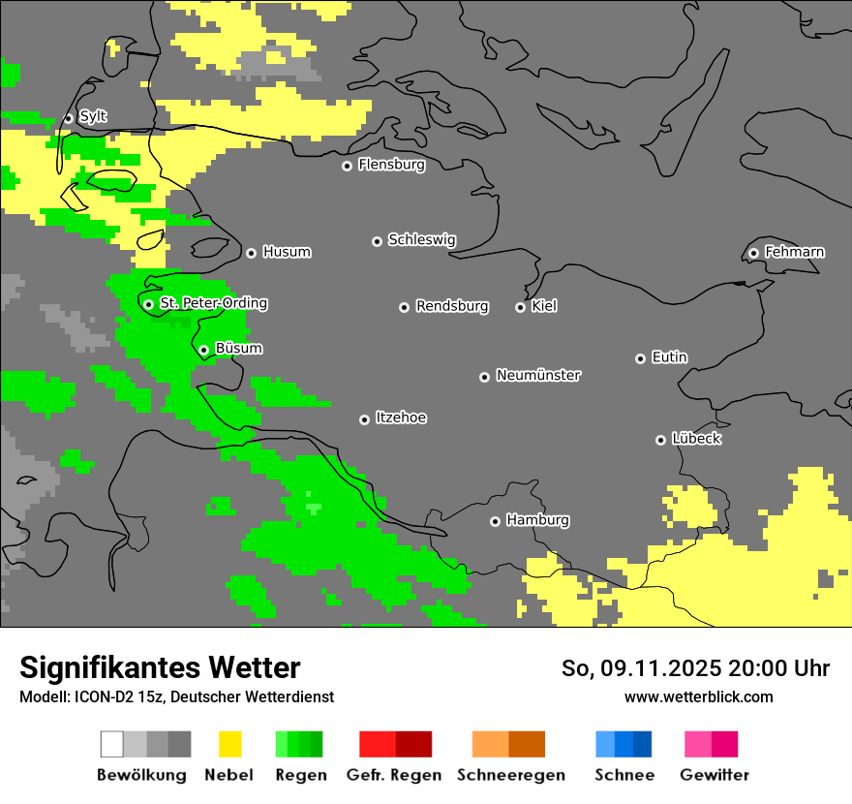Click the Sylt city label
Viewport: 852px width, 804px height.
click(93, 116)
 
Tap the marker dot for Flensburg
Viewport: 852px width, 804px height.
click(347, 166)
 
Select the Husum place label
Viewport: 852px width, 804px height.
click(287, 252)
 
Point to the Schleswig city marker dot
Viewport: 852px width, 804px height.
click(377, 241)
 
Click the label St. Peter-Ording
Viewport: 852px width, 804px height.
click(213, 303)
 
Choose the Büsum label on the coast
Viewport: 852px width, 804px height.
click(238, 348)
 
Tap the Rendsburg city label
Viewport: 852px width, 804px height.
click(451, 306)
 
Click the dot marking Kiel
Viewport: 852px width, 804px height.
click(520, 307)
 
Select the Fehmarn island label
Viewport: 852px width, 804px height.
click(794, 252)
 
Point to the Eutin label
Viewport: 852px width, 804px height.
click(669, 357)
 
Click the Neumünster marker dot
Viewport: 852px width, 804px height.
click(484, 377)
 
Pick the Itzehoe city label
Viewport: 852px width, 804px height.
click(401, 417)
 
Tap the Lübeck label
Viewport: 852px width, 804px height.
click(695, 439)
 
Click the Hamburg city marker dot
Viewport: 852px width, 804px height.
click(495, 521)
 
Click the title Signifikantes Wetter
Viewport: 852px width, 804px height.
click(160, 667)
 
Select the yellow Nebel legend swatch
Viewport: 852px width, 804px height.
click(230, 744)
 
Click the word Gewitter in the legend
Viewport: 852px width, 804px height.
click(714, 775)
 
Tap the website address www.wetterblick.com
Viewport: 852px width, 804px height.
click(698, 696)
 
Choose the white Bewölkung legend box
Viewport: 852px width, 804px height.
click(111, 744)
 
